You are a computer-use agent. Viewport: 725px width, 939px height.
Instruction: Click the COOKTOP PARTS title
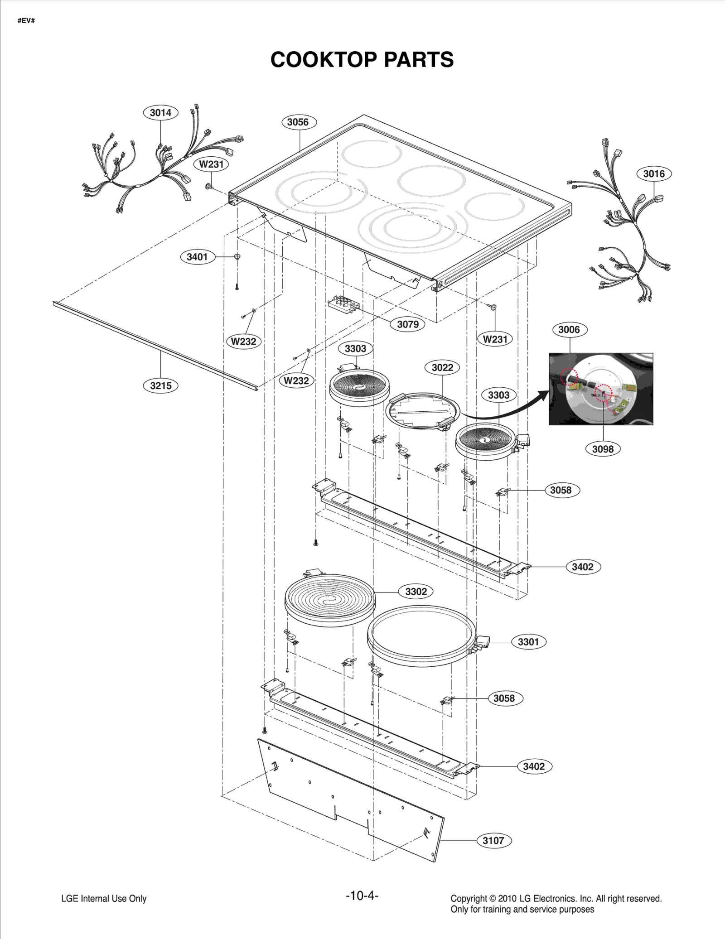[362, 59]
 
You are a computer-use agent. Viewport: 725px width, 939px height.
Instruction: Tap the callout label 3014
[160, 113]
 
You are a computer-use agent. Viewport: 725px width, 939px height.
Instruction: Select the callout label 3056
[298, 122]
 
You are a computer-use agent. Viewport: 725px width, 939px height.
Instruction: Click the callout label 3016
[654, 173]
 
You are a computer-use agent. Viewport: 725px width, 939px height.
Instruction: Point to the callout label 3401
[197, 257]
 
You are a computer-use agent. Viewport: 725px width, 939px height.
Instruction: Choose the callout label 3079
[408, 324]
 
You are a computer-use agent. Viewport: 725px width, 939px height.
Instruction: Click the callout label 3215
[161, 385]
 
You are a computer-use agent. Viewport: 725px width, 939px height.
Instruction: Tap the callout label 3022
[442, 367]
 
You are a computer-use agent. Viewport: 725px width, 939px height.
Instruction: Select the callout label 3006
[569, 329]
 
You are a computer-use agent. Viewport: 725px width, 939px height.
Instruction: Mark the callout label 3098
[603, 449]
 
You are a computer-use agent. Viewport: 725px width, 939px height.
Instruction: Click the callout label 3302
[416, 592]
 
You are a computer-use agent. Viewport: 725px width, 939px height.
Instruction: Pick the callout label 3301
[528, 641]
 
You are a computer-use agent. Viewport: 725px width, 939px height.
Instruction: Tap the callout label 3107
[493, 840]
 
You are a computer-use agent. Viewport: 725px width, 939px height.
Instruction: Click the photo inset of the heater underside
[601, 389]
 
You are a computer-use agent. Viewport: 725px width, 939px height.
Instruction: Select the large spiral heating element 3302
[330, 601]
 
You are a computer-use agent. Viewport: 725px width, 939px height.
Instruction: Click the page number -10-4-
[362, 896]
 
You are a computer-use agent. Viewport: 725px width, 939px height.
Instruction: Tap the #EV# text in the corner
[26, 21]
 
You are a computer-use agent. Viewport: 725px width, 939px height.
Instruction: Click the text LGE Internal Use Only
[104, 898]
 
